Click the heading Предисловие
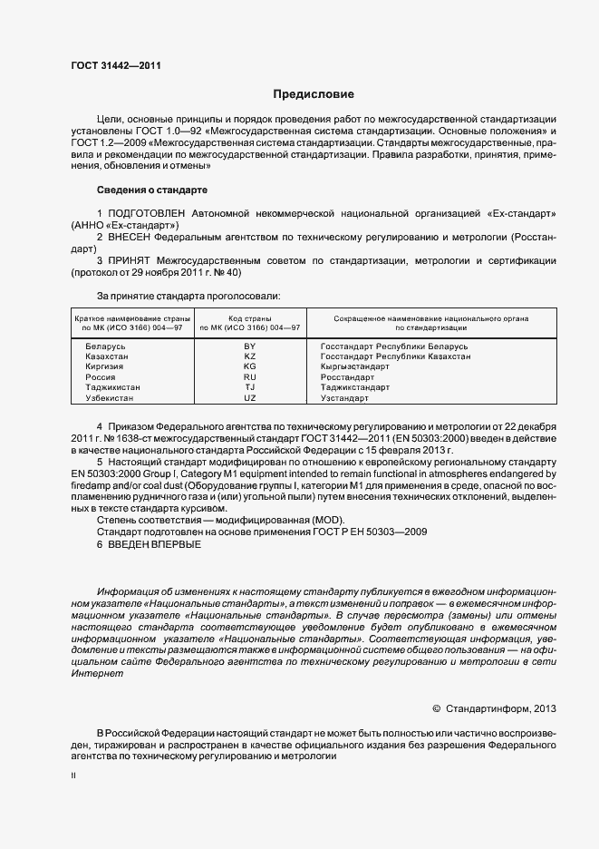coord(314,94)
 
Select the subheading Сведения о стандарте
coord(151,190)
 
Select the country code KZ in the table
coord(250,356)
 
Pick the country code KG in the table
coord(250,366)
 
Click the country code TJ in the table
coord(250,387)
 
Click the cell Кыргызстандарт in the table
coord(354,366)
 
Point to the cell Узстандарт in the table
coord(344,397)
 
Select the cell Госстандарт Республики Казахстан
coord(396,356)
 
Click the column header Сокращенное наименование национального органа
coord(431,319)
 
